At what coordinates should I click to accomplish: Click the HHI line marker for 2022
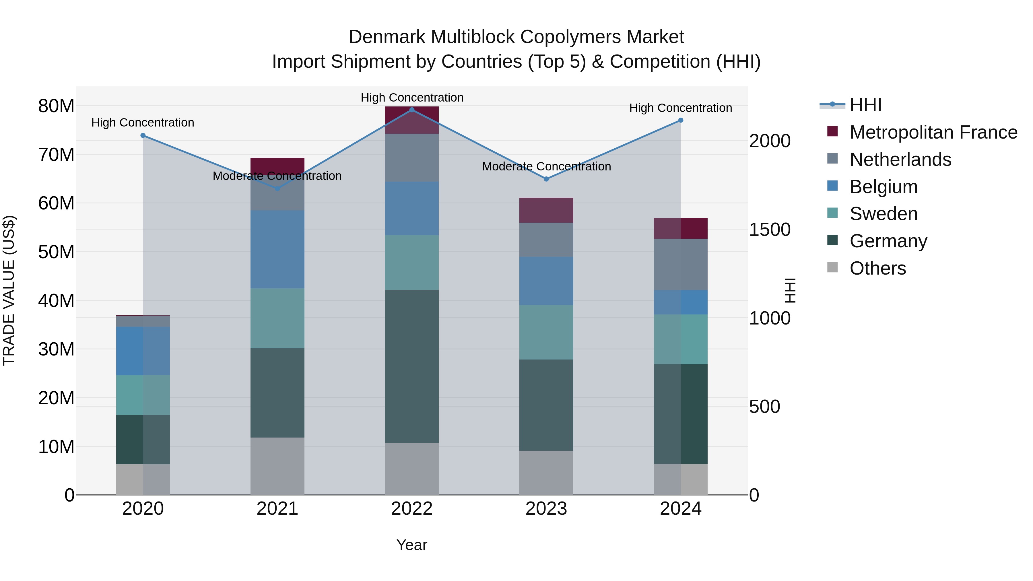[x=411, y=110]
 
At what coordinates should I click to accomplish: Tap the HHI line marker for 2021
[x=277, y=188]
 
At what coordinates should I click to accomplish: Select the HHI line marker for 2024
[x=681, y=120]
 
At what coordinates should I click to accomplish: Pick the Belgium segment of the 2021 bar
[x=277, y=249]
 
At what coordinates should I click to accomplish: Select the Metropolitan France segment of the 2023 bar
[x=546, y=210]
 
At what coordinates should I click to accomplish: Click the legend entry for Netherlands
[x=900, y=160]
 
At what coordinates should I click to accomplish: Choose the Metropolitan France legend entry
[x=933, y=132]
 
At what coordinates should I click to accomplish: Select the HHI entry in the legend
[x=865, y=105]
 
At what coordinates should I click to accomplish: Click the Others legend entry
[x=877, y=268]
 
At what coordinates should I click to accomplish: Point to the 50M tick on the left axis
[x=56, y=252]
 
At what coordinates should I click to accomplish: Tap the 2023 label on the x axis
[x=546, y=509]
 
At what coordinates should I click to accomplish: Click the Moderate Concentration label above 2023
[x=546, y=166]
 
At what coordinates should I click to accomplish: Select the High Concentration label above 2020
[x=143, y=122]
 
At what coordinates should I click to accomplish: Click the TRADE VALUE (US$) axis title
[x=9, y=290]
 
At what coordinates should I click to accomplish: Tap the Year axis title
[x=411, y=545]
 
